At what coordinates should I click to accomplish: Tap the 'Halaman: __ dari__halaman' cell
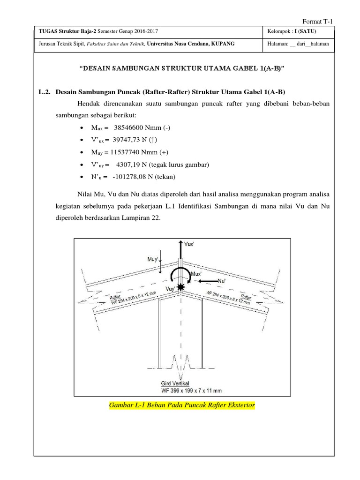tap(298, 44)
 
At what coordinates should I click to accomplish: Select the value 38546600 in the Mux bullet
tap(133, 128)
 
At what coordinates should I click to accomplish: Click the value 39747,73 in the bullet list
tap(129, 140)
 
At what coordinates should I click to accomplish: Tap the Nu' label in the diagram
tap(222, 281)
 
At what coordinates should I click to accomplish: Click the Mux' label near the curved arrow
tap(196, 274)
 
